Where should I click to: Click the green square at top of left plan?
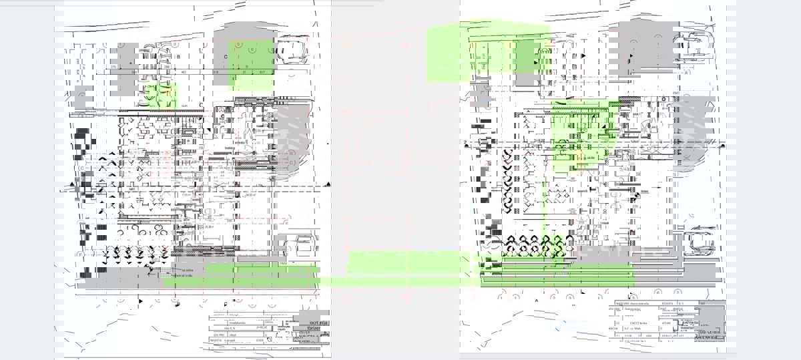(251, 64)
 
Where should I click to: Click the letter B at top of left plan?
(179, 57)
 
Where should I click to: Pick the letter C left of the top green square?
(226, 57)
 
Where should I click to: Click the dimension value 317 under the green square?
(262, 71)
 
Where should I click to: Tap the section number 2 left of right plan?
(465, 143)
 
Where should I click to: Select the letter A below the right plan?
(536, 301)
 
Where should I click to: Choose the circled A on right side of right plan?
(686, 74)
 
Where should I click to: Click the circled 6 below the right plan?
(657, 292)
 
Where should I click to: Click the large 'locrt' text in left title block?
(318, 322)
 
